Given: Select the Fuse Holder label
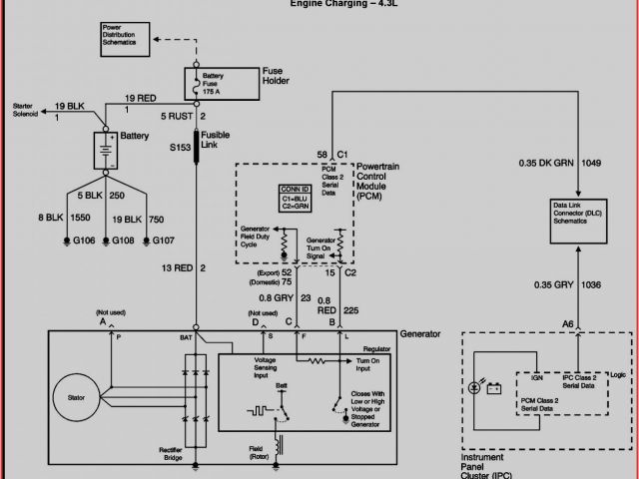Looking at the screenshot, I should coord(275,76).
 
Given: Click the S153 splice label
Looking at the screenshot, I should coord(179,147).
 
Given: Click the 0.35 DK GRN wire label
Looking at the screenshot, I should coord(547,162).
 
